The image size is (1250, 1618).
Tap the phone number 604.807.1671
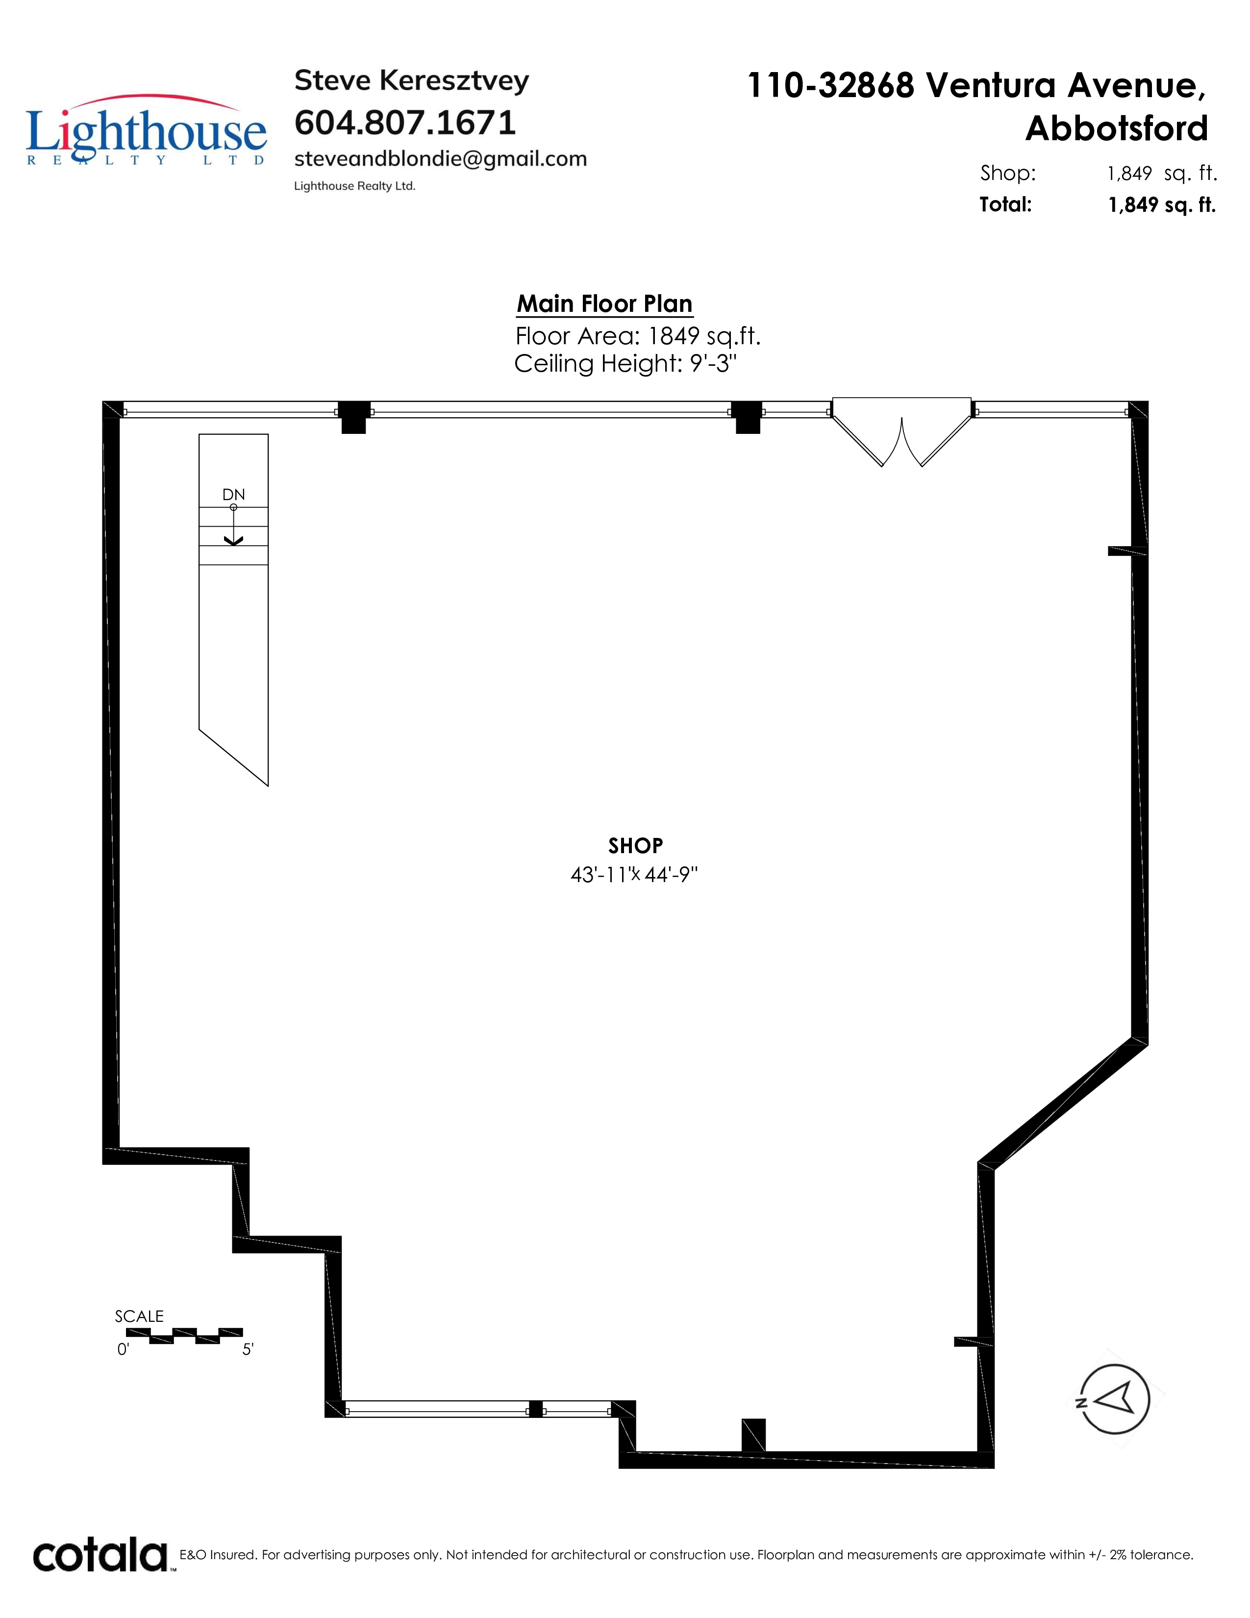coord(405,123)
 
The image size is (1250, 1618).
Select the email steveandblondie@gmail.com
coord(441,159)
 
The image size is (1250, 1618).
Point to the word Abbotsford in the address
coord(1117,128)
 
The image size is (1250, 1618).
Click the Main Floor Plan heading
coord(604,304)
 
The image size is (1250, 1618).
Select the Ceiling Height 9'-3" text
coord(626,364)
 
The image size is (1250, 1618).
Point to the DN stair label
coord(233,495)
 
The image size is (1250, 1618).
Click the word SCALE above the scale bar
coord(139,1316)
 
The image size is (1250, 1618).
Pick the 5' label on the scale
coord(248,1350)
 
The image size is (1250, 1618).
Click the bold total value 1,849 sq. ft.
coord(1162,205)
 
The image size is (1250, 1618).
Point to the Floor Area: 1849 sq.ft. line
coord(638,336)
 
